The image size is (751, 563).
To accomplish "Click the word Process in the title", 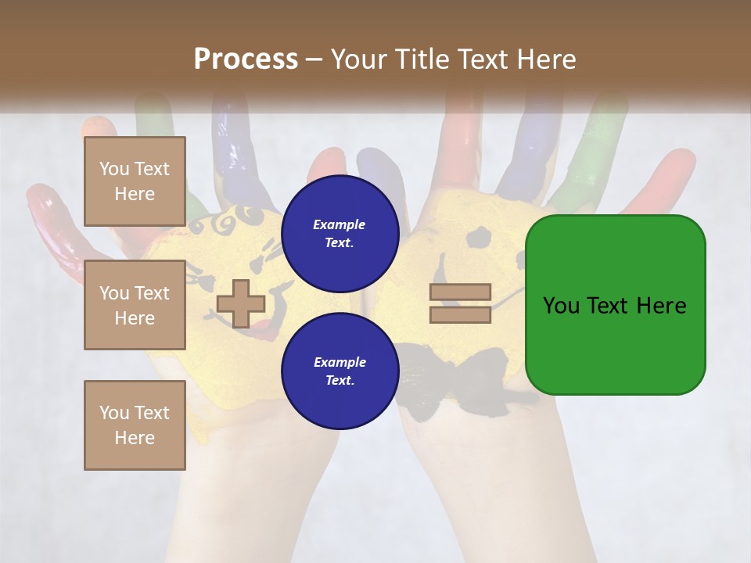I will click(x=246, y=59).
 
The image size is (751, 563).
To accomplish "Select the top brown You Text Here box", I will click(x=135, y=181).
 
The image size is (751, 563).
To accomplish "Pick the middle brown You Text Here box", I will click(x=135, y=306).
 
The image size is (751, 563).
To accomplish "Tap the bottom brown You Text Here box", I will click(x=135, y=425).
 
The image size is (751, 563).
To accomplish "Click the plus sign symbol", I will click(x=241, y=304).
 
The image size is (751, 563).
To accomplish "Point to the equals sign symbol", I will click(x=461, y=304).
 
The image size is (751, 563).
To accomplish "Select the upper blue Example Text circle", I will click(x=340, y=233).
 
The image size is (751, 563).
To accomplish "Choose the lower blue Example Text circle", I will click(x=340, y=371).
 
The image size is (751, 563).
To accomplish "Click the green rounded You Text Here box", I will click(x=615, y=305).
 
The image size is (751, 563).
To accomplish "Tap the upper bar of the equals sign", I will click(x=461, y=292).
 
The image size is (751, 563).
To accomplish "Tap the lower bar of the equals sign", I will click(x=461, y=315).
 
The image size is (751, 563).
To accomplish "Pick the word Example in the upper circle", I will click(x=340, y=224).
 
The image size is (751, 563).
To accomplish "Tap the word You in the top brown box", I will click(x=114, y=169).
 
